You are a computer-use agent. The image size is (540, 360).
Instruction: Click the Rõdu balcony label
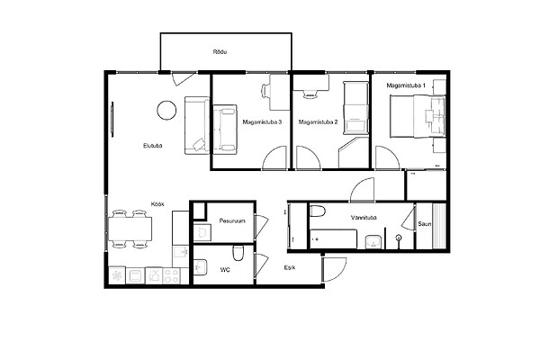click(x=220, y=52)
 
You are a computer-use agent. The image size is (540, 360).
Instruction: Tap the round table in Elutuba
click(x=166, y=110)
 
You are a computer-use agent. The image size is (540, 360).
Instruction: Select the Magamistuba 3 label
click(x=262, y=122)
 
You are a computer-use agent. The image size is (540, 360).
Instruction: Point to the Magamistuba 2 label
click(x=318, y=122)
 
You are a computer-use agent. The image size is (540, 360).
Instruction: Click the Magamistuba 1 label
click(x=406, y=85)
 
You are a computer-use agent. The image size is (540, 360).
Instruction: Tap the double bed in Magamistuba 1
click(x=418, y=116)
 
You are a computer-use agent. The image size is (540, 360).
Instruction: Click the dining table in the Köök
click(x=130, y=229)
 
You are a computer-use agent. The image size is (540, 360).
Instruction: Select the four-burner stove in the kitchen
click(x=172, y=275)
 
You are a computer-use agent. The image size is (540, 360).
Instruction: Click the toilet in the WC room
click(x=238, y=253)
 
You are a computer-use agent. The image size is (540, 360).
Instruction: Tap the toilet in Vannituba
click(x=318, y=211)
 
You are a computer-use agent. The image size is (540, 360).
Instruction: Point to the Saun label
click(x=424, y=224)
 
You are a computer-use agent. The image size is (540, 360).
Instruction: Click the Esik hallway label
click(x=290, y=267)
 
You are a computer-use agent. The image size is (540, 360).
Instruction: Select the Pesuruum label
click(x=232, y=220)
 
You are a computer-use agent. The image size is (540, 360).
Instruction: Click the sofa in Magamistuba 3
click(x=225, y=130)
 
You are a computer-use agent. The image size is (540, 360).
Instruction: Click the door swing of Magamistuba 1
click(x=387, y=157)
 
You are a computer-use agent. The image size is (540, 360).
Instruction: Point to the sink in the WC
click(x=200, y=267)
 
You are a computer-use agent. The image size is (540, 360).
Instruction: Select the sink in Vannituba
click(x=373, y=241)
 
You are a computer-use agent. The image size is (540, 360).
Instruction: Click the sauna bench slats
click(x=439, y=226)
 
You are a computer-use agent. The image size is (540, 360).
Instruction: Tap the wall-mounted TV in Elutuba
click(x=112, y=120)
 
